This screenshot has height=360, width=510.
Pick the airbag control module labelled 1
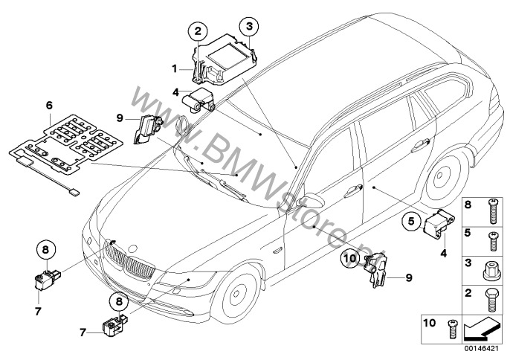click(x=223, y=58)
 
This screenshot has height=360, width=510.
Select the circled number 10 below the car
click(x=351, y=259)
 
